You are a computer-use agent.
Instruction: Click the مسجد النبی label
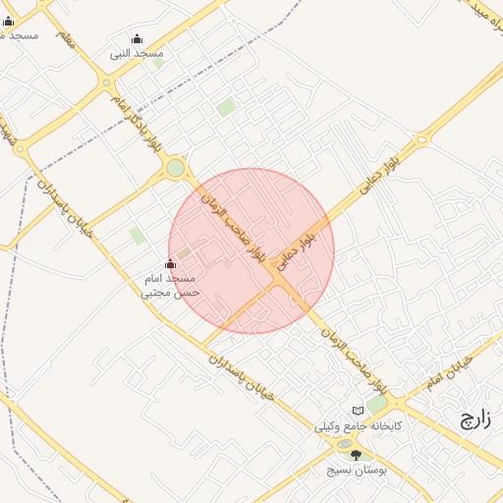[x=137, y=53]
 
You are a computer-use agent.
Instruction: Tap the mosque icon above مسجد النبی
[x=137, y=40]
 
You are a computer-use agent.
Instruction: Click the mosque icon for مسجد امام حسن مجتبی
[x=171, y=263]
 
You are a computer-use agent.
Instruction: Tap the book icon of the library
[x=358, y=411]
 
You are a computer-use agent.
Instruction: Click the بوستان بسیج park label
[x=358, y=472]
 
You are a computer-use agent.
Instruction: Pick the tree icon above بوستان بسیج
[x=356, y=455]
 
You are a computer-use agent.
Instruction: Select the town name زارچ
[x=475, y=420]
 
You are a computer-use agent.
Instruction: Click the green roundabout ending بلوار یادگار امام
[x=175, y=168]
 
